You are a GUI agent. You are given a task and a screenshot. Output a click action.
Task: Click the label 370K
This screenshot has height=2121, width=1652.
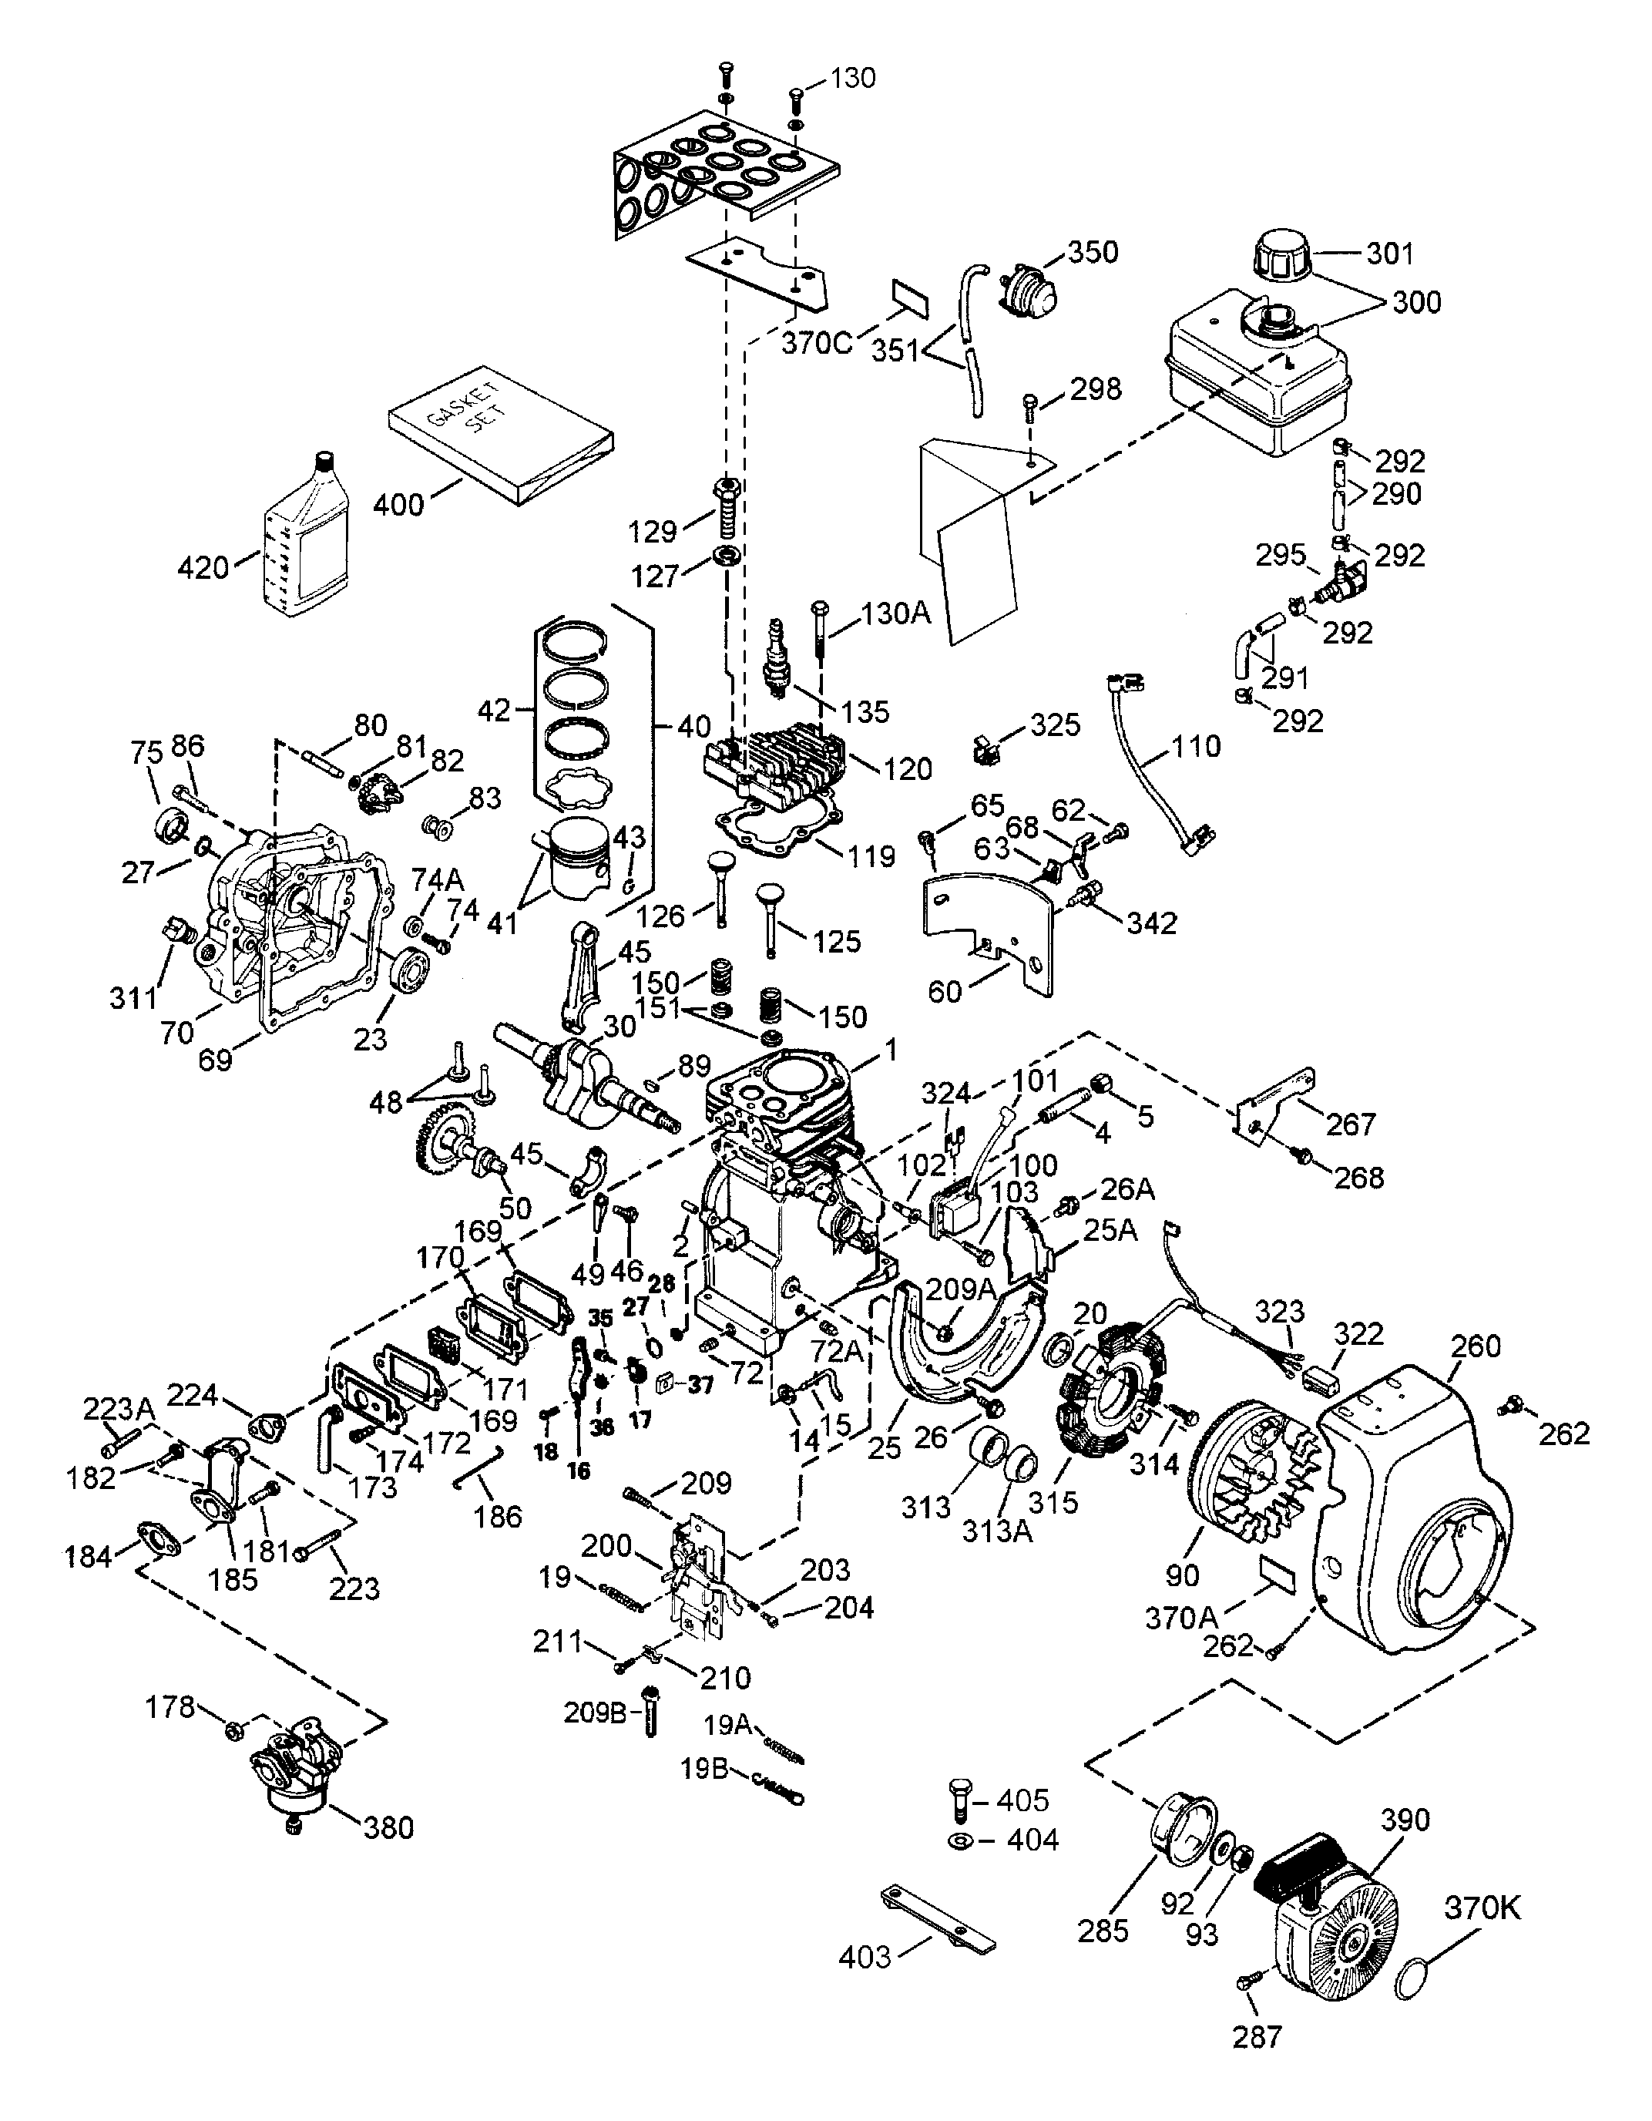coord(1481,1908)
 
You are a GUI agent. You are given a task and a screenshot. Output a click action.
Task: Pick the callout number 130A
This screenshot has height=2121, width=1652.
coord(895,613)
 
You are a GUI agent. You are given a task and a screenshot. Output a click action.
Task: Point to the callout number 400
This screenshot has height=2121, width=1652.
coord(399,504)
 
